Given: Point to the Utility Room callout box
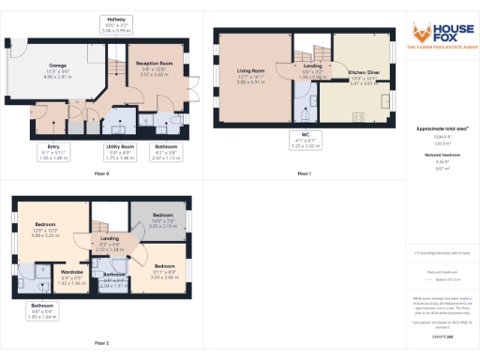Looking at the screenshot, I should (121, 151).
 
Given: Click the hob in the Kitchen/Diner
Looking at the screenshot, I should (358, 116).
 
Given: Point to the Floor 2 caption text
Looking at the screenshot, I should (100, 343).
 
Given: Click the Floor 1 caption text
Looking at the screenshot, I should (304, 174).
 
